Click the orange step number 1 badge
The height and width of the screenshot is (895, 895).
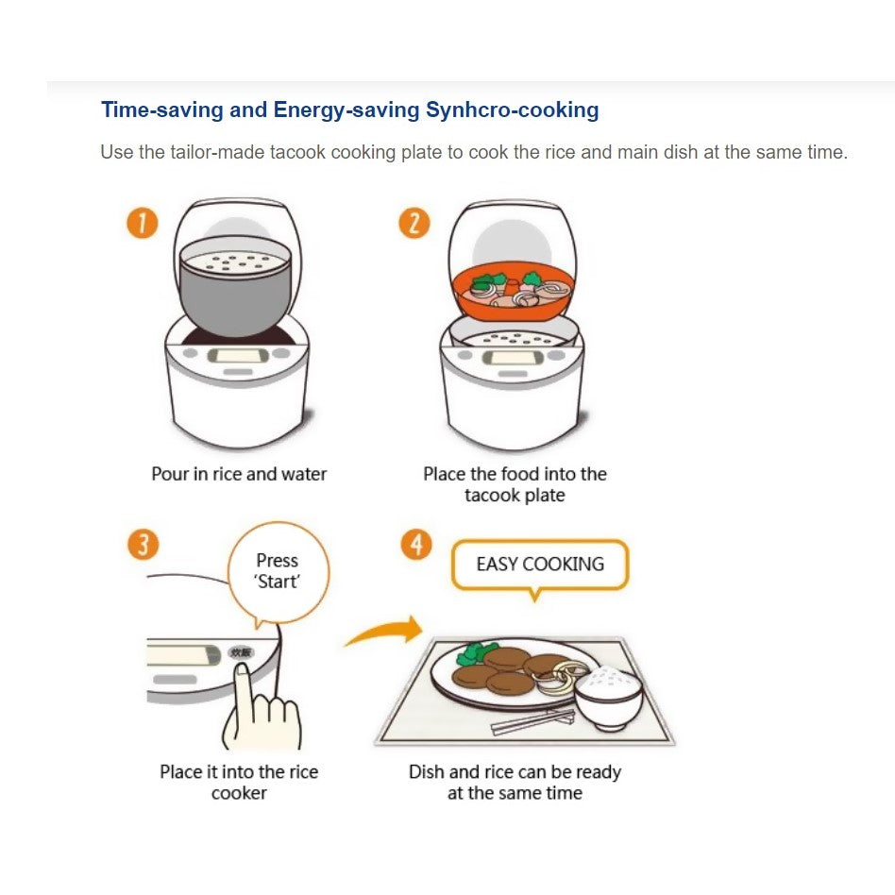pyautogui.click(x=143, y=223)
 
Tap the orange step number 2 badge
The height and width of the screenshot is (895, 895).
pyautogui.click(x=414, y=223)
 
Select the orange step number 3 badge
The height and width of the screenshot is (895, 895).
pyautogui.click(x=144, y=545)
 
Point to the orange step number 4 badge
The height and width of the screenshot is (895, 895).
pyautogui.click(x=416, y=545)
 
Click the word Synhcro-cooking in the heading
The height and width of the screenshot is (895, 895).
pyautogui.click(x=512, y=110)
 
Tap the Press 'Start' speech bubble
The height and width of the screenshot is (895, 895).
pyautogui.click(x=279, y=573)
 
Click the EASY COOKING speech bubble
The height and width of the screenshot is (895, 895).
pyautogui.click(x=540, y=566)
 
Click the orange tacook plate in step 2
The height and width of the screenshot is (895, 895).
pyautogui.click(x=514, y=291)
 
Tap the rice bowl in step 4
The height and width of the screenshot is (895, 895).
pyautogui.click(x=608, y=699)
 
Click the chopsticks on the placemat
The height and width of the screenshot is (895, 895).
pyautogui.click(x=532, y=722)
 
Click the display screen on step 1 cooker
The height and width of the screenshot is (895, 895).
pyautogui.click(x=238, y=356)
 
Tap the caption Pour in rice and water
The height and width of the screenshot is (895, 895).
pyautogui.click(x=239, y=474)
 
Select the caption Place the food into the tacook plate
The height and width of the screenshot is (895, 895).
pyautogui.click(x=515, y=484)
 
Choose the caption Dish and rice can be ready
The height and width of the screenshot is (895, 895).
pyautogui.click(x=515, y=771)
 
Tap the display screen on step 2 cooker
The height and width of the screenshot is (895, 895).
pyautogui.click(x=513, y=358)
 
